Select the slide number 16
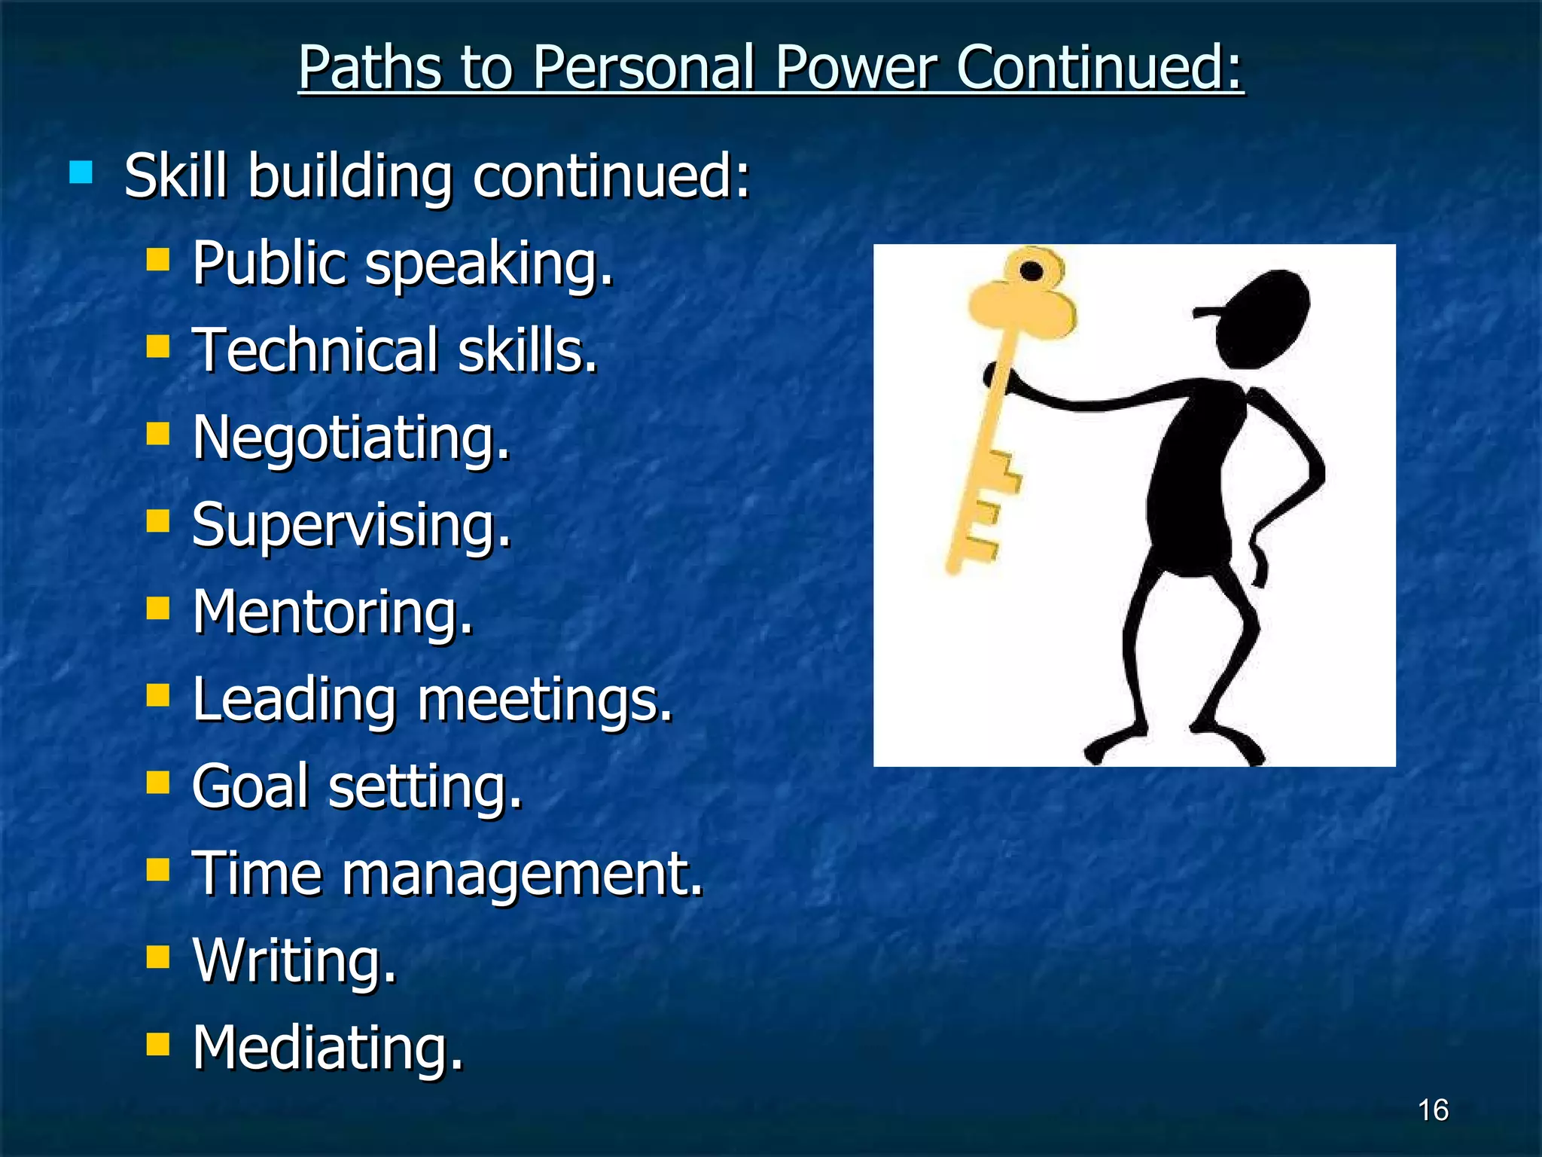point(1433,1110)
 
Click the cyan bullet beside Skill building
point(81,172)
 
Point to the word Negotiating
point(351,438)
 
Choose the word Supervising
point(351,526)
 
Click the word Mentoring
point(332,612)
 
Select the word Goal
point(251,786)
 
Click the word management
point(523,874)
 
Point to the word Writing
point(294,961)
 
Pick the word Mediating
point(328,1048)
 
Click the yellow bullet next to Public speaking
point(158,261)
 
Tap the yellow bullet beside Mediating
point(158,1045)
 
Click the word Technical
point(315,351)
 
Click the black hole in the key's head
point(1032,271)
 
